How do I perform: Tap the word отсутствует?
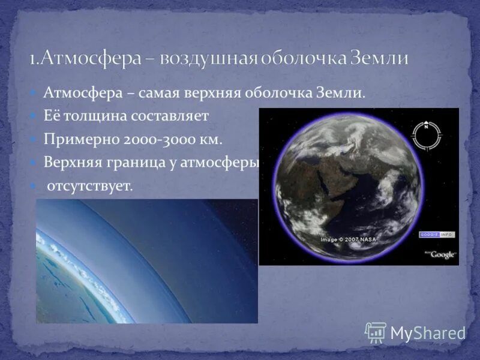(89, 186)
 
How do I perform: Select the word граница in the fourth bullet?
(134, 163)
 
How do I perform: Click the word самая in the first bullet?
(164, 94)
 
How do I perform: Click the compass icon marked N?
(427, 135)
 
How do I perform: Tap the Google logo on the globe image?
(442, 254)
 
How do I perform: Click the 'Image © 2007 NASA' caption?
(348, 239)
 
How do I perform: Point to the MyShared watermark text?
(428, 333)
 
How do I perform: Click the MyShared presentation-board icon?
(376, 332)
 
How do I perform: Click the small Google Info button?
(437, 234)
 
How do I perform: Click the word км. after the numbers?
(211, 139)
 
